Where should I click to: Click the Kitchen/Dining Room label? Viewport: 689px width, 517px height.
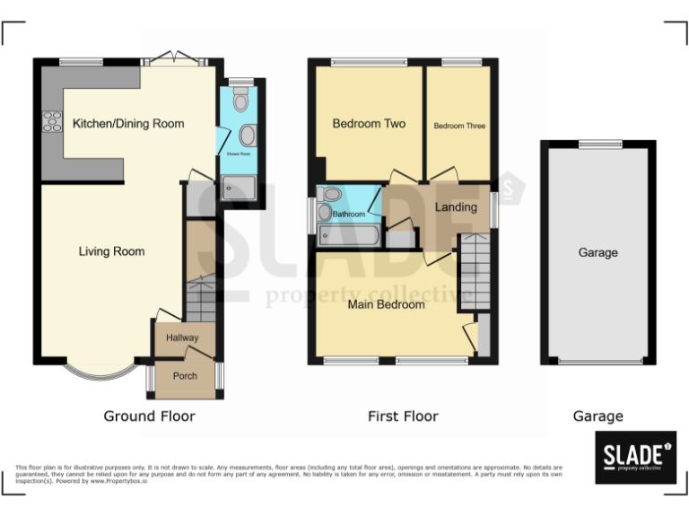(x=128, y=124)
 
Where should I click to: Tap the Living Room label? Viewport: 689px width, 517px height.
(x=111, y=251)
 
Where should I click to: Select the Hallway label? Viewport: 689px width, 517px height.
(x=182, y=337)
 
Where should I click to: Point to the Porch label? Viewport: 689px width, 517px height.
(x=185, y=376)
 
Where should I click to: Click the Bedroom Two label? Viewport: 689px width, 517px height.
(x=369, y=124)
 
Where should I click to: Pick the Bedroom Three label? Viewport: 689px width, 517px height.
(x=459, y=126)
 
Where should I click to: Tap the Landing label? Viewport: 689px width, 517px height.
(x=456, y=208)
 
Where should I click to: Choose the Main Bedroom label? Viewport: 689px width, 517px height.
(x=387, y=304)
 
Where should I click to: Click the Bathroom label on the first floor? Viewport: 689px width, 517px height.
(x=349, y=215)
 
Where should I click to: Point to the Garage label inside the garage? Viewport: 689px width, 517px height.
(x=597, y=253)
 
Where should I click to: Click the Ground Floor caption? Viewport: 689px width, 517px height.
(x=149, y=416)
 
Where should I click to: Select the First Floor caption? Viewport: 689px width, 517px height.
(x=403, y=416)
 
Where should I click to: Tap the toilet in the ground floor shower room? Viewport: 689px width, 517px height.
(x=240, y=101)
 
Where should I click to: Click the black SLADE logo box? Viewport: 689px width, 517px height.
(x=635, y=457)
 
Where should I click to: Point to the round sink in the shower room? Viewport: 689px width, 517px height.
(x=247, y=136)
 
